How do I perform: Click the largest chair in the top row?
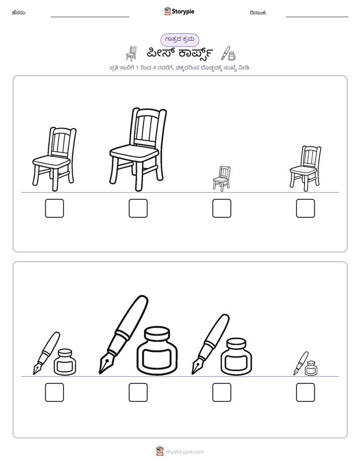click(x=138, y=149)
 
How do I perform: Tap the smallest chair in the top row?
click(x=221, y=179)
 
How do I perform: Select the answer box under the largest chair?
click(x=138, y=208)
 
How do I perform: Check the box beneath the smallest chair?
click(x=221, y=208)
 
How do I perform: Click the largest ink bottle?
click(x=158, y=351)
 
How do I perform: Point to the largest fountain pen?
click(x=123, y=334)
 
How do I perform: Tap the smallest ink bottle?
click(x=311, y=369)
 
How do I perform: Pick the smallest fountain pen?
click(x=301, y=363)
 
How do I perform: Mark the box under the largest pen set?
click(x=138, y=392)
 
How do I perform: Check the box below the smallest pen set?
click(x=306, y=392)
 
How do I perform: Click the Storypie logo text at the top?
click(x=183, y=12)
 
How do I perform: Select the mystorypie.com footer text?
click(x=185, y=452)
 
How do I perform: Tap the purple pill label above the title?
click(x=179, y=39)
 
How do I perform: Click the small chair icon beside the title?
click(x=131, y=53)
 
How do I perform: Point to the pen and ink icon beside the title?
click(x=228, y=53)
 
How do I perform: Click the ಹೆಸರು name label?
click(x=19, y=13)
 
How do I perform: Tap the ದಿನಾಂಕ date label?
click(x=258, y=13)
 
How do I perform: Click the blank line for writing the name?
click(x=90, y=17)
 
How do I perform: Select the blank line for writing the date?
click(x=317, y=17)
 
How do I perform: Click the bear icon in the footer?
click(x=160, y=451)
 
